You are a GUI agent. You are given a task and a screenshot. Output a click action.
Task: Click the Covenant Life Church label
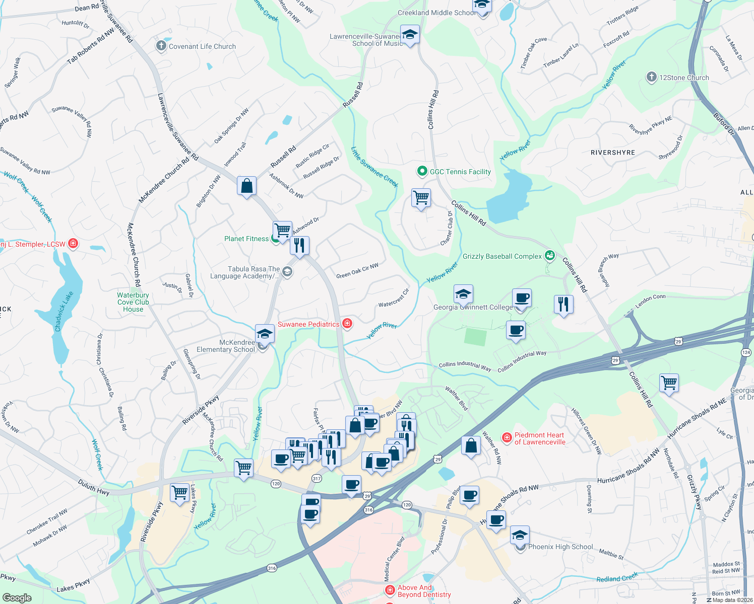(x=202, y=47)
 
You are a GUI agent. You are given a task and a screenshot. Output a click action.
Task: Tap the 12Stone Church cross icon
(x=651, y=77)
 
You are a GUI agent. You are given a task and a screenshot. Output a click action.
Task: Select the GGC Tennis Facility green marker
(x=422, y=172)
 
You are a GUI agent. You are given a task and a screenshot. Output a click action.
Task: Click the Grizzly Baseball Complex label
(x=502, y=257)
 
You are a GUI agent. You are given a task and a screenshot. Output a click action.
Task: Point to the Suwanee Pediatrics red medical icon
(x=347, y=324)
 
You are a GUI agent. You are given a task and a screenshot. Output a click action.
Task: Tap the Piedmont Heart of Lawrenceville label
(x=540, y=439)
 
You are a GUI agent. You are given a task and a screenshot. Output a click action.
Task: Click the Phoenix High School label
(x=560, y=547)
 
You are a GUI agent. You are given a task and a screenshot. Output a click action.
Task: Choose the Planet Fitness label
(x=246, y=239)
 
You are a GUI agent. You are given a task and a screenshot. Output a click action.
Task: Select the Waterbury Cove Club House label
(x=133, y=303)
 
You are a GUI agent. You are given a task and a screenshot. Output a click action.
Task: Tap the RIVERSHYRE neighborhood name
(x=613, y=153)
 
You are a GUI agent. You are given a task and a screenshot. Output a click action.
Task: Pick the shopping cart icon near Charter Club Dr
(x=421, y=198)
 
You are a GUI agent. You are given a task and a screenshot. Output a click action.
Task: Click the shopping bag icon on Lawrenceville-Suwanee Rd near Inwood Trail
(x=247, y=186)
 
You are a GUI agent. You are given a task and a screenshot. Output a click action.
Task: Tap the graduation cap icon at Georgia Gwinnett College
(x=463, y=294)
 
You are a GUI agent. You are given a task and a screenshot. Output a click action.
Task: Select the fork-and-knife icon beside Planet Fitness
(x=299, y=246)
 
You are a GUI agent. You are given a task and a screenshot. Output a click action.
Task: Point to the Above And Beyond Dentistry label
(x=424, y=591)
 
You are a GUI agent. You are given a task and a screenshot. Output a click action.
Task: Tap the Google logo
(x=17, y=598)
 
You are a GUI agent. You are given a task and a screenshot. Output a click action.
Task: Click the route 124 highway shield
(x=746, y=352)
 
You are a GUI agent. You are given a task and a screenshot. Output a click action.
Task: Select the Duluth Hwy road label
(x=94, y=487)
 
